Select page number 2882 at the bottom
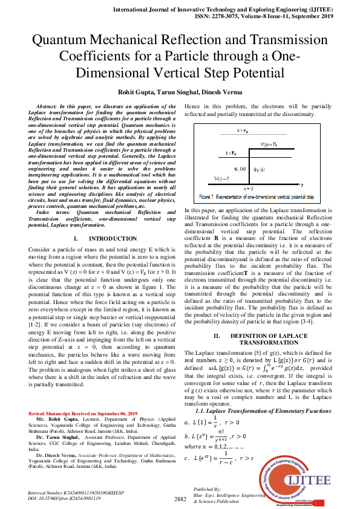(180, 499)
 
